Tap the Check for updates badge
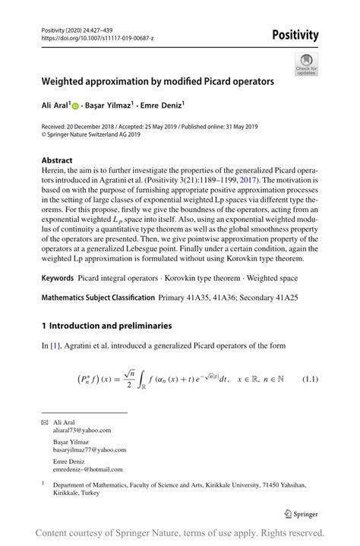coord(306,64)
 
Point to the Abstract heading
coord(57,160)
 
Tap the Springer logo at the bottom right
coord(299,514)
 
